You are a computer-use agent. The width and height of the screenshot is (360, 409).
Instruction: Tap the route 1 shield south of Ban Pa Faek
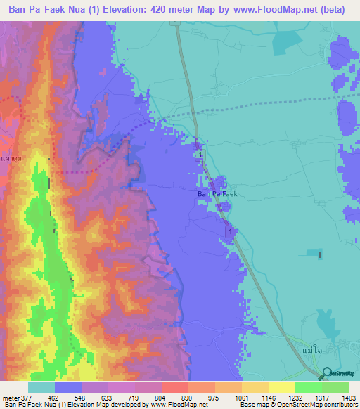pos(229,231)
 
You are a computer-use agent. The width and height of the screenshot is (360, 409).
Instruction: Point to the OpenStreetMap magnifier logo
pos(326,374)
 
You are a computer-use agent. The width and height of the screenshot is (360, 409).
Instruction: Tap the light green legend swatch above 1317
pos(309,387)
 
